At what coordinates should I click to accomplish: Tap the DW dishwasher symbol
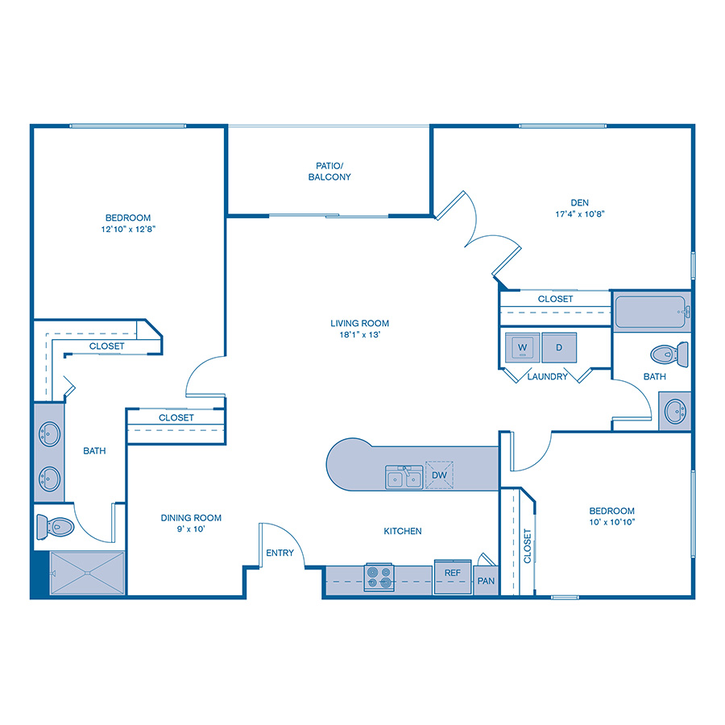coord(439,475)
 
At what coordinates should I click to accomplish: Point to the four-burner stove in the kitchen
coord(379,577)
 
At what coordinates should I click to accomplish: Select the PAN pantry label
coord(486,581)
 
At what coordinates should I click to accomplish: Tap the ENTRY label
coord(280,553)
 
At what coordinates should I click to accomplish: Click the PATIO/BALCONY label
coord(329,171)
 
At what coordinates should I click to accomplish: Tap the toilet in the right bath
coord(669,353)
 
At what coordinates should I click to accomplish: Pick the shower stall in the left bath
coord(87,574)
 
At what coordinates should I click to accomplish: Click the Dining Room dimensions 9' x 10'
coord(191,529)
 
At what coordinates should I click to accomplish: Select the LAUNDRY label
coord(547,376)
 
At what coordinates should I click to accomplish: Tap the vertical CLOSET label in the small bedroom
coord(528,545)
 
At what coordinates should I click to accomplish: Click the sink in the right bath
coord(675,411)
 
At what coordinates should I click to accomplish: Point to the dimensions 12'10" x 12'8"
coord(128,230)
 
